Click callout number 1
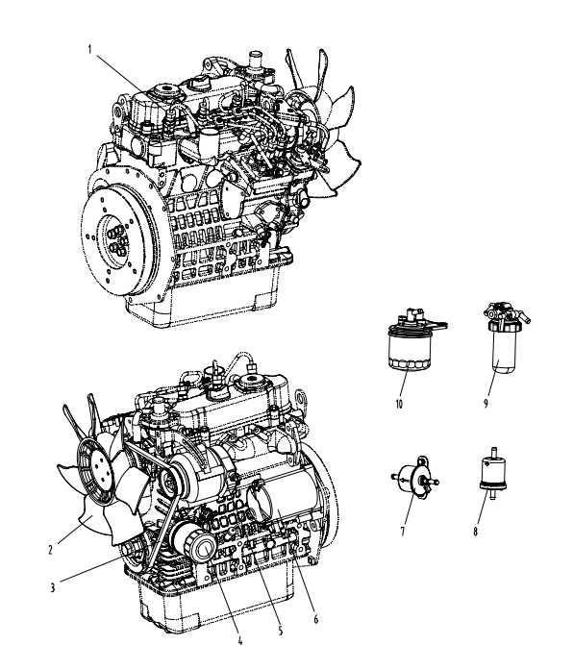pos(89,50)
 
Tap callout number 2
pos(50,550)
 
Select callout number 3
pos(53,587)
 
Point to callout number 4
pos(239,640)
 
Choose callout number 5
pos(281,631)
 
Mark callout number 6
pos(315,619)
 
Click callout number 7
pos(403,532)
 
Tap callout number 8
pos(475,532)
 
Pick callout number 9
pos(486,403)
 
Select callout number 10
pos(399,404)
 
